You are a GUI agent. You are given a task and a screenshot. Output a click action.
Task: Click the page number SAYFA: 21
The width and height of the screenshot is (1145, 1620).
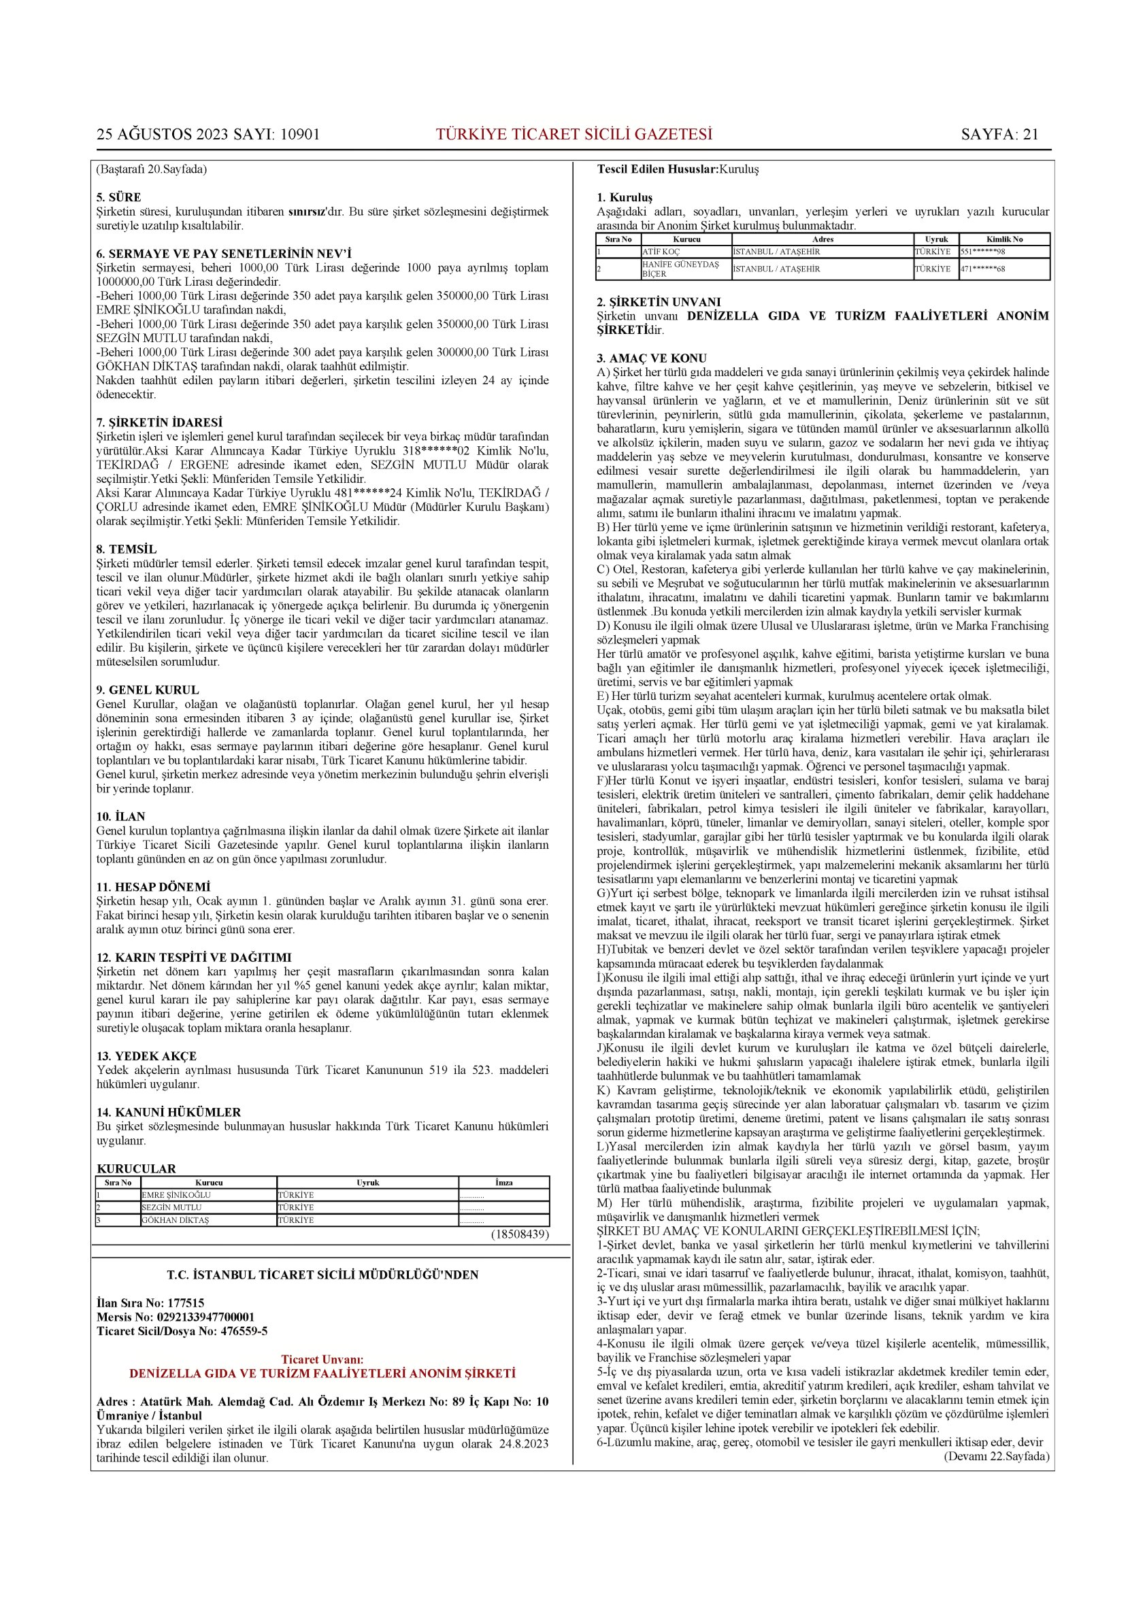click(999, 135)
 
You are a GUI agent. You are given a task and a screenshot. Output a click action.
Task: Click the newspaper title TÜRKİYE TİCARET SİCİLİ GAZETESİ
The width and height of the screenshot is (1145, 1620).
click(574, 135)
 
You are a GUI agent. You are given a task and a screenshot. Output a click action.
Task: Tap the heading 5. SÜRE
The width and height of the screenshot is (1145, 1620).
click(118, 197)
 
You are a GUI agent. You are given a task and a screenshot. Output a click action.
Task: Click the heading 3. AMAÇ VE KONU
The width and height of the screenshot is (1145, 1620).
click(652, 358)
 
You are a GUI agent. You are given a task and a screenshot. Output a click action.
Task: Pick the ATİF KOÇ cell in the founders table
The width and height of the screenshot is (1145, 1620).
click(661, 252)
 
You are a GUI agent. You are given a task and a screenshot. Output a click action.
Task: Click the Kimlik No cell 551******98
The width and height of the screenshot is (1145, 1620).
click(982, 252)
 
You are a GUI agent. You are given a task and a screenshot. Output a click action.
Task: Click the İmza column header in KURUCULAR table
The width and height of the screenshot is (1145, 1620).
click(503, 1183)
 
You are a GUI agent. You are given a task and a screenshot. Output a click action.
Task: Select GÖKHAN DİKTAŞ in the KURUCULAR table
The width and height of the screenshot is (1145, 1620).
click(175, 1220)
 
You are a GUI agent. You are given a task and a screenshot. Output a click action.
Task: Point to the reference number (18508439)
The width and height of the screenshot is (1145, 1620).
click(520, 1234)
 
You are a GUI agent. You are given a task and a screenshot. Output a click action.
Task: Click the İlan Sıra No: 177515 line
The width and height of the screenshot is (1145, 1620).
click(150, 1303)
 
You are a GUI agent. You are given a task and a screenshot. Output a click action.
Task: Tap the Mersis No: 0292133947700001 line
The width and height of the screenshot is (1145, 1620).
click(175, 1317)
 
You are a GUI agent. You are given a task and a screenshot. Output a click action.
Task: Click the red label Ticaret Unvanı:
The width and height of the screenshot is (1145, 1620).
click(322, 1360)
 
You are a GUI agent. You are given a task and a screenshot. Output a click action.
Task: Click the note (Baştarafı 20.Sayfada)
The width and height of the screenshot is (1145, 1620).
click(151, 169)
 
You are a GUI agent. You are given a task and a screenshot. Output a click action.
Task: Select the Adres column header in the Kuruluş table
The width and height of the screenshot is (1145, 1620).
click(823, 239)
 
